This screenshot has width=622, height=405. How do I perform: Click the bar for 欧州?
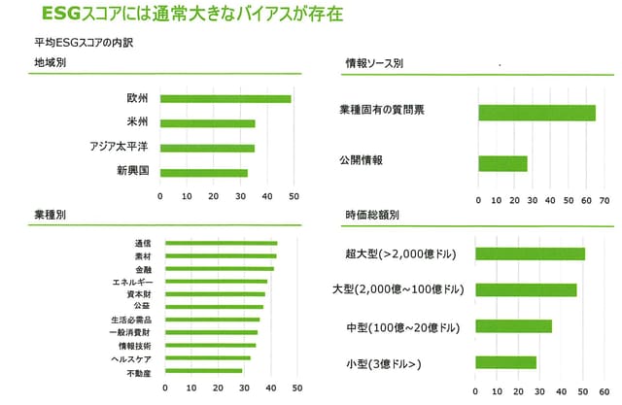(225, 98)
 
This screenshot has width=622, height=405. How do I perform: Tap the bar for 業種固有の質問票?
(536, 113)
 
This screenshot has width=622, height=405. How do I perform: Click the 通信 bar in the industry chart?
(222, 243)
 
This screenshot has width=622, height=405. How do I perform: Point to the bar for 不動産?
(204, 370)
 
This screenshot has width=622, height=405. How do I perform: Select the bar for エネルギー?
(216, 281)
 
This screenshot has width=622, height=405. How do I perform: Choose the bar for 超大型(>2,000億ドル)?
(531, 254)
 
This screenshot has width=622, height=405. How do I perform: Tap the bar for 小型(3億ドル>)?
(506, 362)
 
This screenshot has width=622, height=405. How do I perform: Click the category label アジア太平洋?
(118, 148)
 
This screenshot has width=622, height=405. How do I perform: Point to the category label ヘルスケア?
(130, 357)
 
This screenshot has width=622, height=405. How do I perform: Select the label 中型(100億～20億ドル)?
(403, 326)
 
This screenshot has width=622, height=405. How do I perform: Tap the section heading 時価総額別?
(371, 215)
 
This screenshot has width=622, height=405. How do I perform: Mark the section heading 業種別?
(50, 215)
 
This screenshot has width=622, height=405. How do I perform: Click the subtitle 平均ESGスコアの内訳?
(73, 43)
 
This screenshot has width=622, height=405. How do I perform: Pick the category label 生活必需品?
(130, 320)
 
